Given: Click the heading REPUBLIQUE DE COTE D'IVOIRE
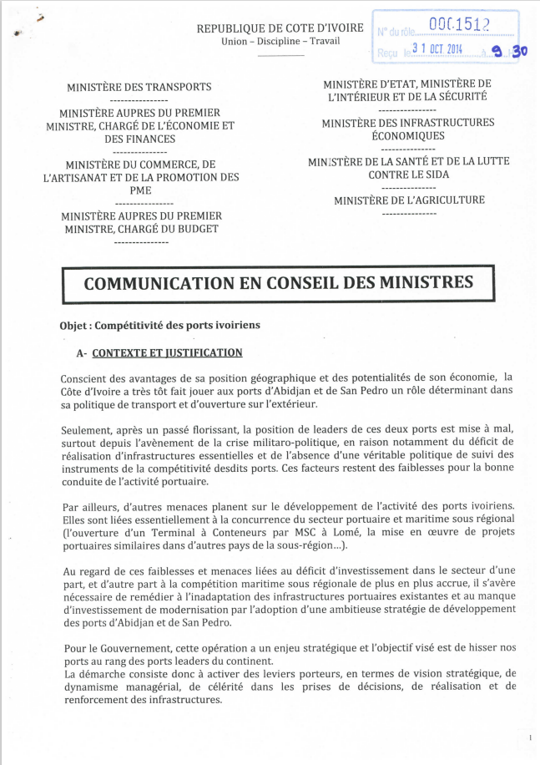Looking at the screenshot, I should pyautogui.click(x=280, y=28).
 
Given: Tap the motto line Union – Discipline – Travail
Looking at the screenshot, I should pyautogui.click(x=280, y=42).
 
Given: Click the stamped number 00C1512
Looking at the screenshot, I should pyautogui.click(x=458, y=26).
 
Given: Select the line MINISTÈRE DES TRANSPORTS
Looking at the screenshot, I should pyautogui.click(x=139, y=87).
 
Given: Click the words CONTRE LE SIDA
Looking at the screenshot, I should pyautogui.click(x=408, y=175).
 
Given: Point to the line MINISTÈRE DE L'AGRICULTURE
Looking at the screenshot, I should pyautogui.click(x=409, y=200).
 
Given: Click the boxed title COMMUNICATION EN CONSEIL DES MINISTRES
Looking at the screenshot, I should pyautogui.click(x=279, y=282).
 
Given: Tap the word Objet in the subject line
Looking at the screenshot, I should pyautogui.click(x=74, y=325).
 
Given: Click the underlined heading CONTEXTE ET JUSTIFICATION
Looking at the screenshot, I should pyautogui.click(x=167, y=353).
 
